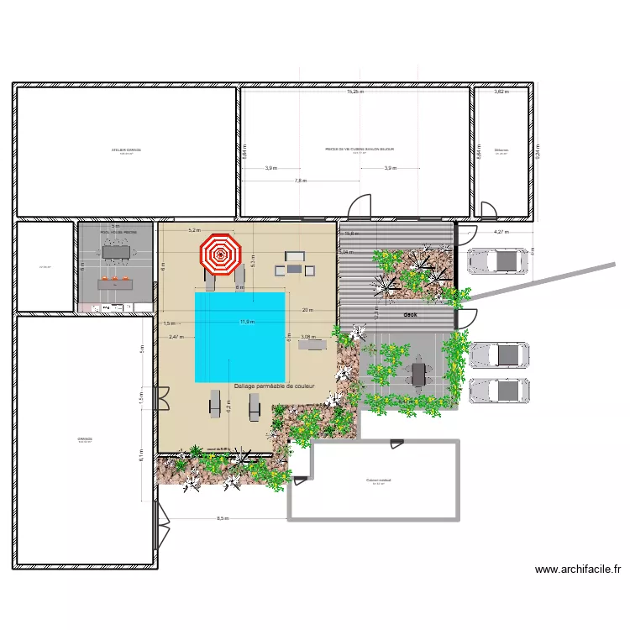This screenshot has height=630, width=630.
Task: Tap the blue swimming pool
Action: (239, 336)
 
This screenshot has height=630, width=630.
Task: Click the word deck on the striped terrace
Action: (411, 315)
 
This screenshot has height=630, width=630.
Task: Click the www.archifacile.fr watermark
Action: (578, 570)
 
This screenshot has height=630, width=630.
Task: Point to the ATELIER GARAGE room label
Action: (126, 150)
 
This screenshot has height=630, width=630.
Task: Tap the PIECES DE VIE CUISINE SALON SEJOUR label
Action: (360, 149)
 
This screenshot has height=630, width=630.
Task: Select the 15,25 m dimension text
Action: (355, 92)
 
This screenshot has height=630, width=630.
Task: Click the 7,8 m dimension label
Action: (301, 181)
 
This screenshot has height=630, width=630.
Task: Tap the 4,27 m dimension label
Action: (501, 232)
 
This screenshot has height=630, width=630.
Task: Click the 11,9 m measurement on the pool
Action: (247, 322)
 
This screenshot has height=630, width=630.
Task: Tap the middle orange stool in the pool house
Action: (115, 276)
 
